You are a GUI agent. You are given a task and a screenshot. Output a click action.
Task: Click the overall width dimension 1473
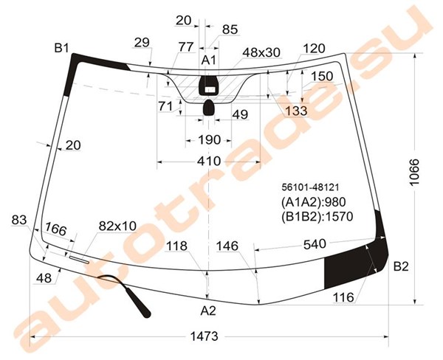click(205, 336)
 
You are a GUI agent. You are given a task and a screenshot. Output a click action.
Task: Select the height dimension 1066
click(414, 172)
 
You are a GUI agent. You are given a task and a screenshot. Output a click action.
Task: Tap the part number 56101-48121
click(310, 187)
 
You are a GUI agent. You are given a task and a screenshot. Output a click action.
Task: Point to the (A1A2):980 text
click(313, 202)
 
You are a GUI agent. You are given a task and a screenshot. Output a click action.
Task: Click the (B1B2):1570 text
click(317, 217)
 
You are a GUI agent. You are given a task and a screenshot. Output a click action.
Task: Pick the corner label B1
click(61, 48)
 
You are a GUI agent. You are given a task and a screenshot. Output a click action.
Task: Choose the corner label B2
click(401, 266)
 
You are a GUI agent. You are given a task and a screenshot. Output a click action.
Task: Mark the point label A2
click(208, 311)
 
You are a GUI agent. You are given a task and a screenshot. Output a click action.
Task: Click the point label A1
click(208, 60)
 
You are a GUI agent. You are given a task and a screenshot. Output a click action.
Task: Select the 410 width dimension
click(209, 162)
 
